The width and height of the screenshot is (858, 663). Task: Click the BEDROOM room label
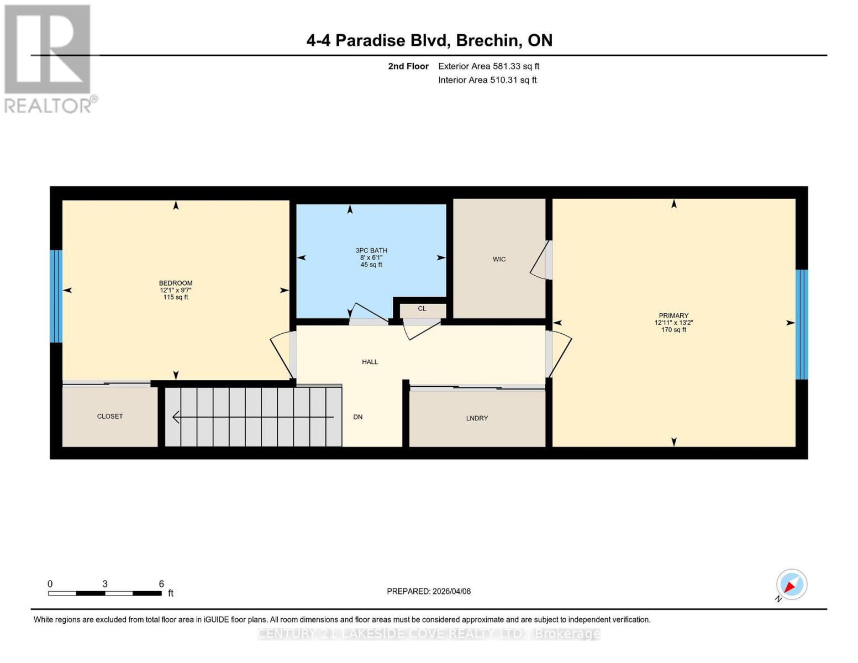click(x=176, y=283)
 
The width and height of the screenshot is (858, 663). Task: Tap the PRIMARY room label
click(x=673, y=315)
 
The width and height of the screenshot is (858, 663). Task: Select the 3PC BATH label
click(x=371, y=250)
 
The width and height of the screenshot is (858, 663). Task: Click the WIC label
click(x=499, y=259)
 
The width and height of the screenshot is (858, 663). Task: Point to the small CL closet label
click(x=422, y=309)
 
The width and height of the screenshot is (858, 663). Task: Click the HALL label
click(x=370, y=362)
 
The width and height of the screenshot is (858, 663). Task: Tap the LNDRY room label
click(x=477, y=418)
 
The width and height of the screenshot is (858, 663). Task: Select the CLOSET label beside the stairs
click(x=110, y=416)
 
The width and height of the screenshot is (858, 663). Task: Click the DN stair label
click(x=358, y=417)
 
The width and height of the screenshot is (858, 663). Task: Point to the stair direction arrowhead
click(x=176, y=417)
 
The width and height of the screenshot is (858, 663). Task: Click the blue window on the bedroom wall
click(x=56, y=296)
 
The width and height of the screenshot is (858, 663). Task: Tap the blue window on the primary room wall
click(x=802, y=324)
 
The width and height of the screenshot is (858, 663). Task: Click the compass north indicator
click(x=791, y=585)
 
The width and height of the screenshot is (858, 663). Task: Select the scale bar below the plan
click(x=105, y=593)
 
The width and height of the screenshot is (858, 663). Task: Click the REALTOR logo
click(x=49, y=58)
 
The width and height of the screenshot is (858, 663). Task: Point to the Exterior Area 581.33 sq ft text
click(x=488, y=66)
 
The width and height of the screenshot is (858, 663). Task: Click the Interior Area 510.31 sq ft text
click(x=487, y=80)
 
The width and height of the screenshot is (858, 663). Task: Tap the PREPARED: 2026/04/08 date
click(x=429, y=591)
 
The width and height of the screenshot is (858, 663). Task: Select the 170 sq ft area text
click(x=673, y=330)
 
